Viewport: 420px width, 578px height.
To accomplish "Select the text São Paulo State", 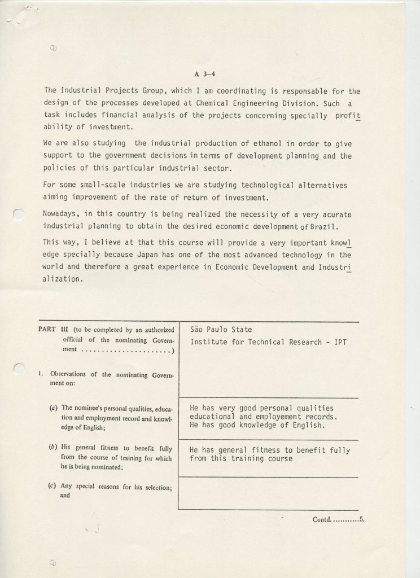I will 221,329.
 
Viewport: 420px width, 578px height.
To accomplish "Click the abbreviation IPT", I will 342,342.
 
